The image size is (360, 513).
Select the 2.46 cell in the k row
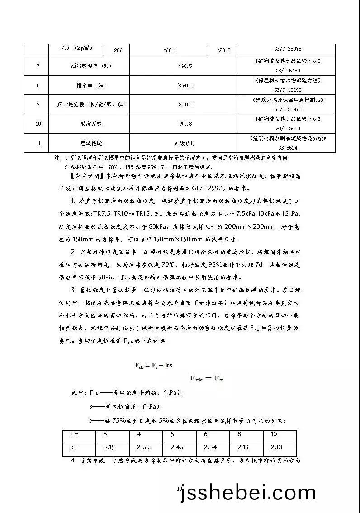click(x=177, y=447)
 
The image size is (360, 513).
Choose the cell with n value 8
click(x=239, y=434)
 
